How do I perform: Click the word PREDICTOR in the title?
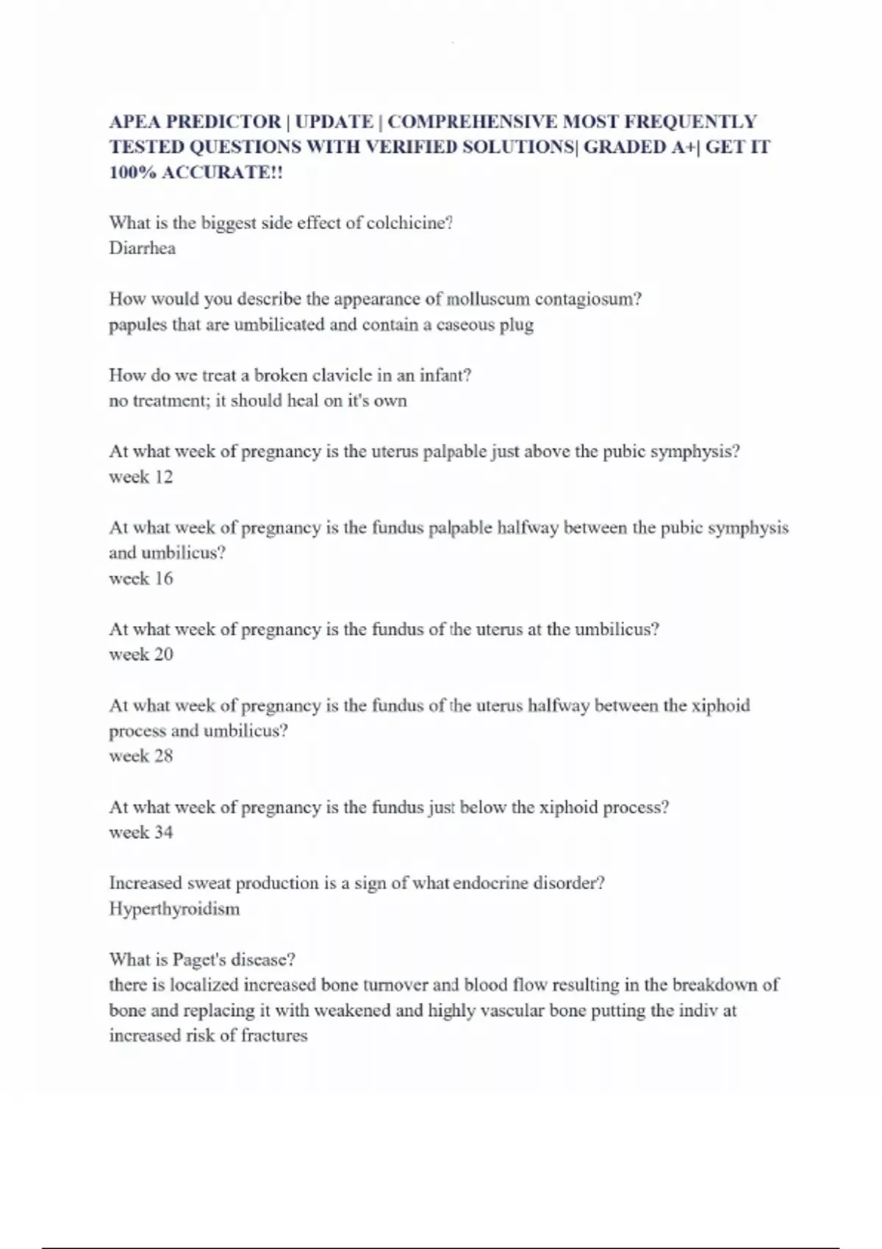click(x=224, y=122)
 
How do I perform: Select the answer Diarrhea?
click(x=143, y=248)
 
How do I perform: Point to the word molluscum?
click(x=488, y=299)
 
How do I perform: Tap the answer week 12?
click(x=141, y=478)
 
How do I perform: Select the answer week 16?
click(x=141, y=579)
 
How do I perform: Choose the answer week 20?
click(x=141, y=655)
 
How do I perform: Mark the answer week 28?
click(x=141, y=756)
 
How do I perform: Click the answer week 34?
click(x=141, y=832)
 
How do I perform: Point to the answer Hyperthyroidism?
click(x=174, y=909)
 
